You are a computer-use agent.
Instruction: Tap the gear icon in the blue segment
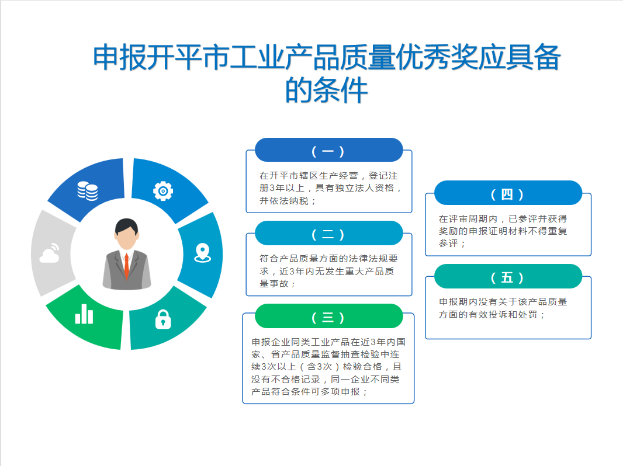pyautogui.click(x=163, y=190)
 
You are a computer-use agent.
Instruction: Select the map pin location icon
pyautogui.click(x=202, y=252)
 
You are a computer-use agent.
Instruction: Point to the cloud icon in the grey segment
pyautogui.click(x=49, y=255)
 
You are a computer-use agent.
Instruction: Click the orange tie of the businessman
pyautogui.click(x=126, y=266)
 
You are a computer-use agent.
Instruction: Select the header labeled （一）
pyautogui.click(x=328, y=150)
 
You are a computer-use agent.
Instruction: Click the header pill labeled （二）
pyautogui.click(x=328, y=234)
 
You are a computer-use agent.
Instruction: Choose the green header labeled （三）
pyautogui.click(x=328, y=317)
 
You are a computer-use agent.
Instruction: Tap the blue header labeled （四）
pyautogui.click(x=507, y=193)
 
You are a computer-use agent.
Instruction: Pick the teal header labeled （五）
pyautogui.click(x=507, y=277)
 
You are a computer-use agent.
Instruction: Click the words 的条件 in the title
pyautogui.click(x=327, y=91)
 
